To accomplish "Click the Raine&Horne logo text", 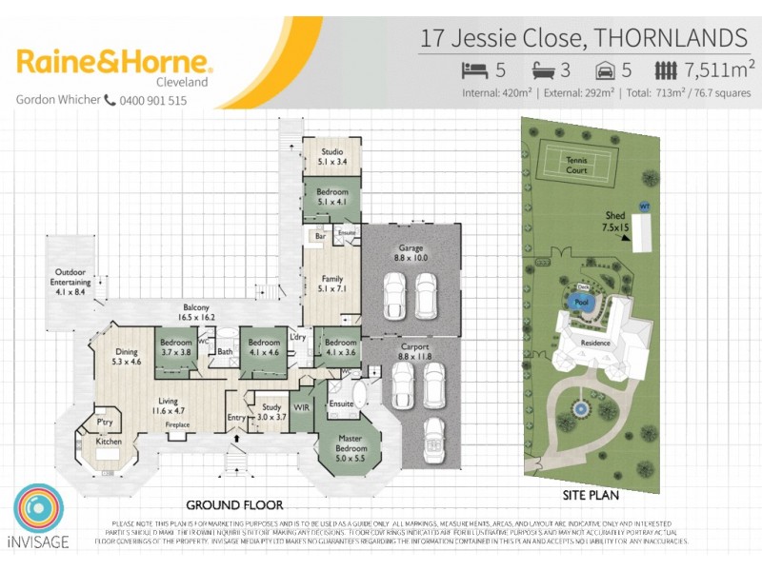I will (114, 63).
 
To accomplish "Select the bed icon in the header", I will (473, 70).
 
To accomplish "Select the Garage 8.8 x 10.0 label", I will (411, 252).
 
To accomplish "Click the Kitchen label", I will (108, 442).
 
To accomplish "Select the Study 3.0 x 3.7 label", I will (269, 411).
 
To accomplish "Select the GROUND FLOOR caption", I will (233, 505).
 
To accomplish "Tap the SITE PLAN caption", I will (592, 496).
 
